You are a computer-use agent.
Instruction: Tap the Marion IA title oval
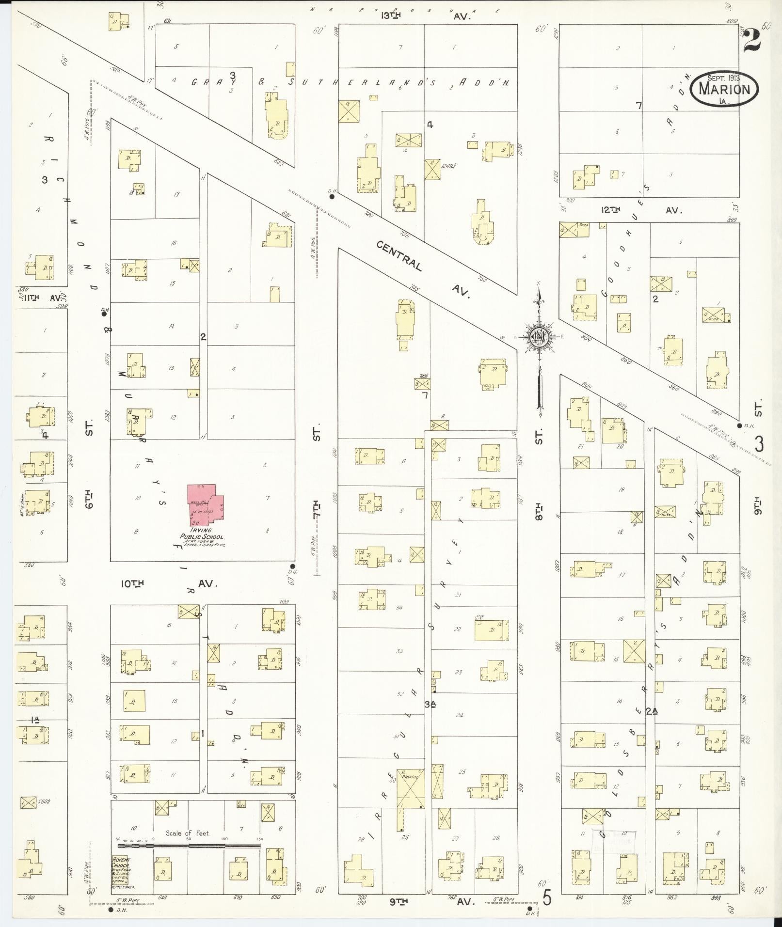click(x=724, y=89)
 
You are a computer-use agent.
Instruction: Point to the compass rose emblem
click(x=539, y=337)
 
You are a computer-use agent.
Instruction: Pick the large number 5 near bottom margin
click(x=547, y=899)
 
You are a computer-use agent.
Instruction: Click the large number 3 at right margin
click(x=759, y=443)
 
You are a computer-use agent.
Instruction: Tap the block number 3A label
click(x=429, y=705)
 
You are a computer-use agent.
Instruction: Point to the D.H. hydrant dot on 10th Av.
click(x=292, y=566)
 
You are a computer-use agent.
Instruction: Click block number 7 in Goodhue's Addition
click(x=639, y=106)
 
